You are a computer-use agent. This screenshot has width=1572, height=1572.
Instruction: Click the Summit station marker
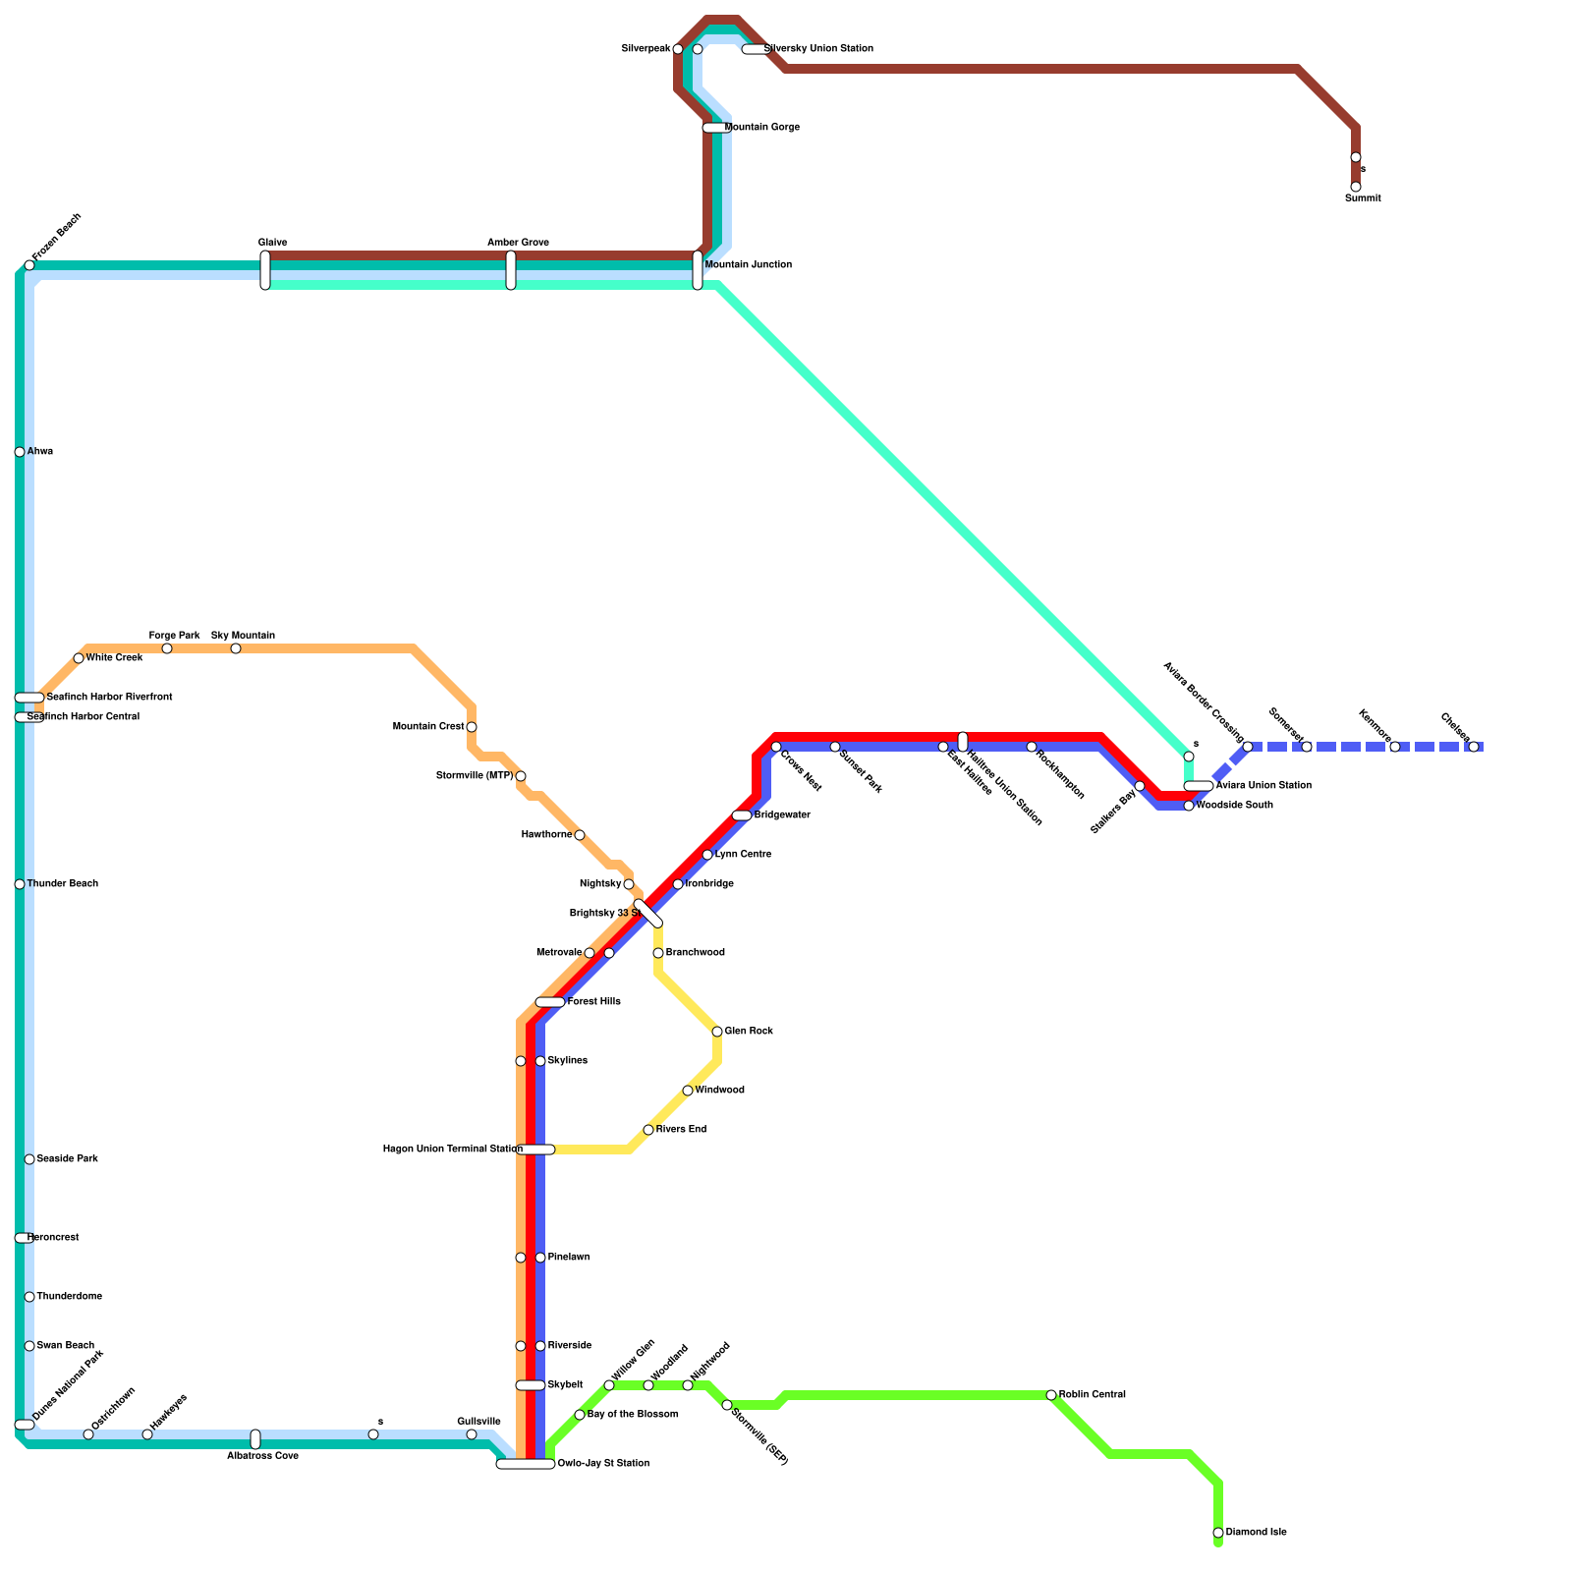coord(1356,187)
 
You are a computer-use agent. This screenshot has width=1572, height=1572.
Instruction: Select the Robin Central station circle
coord(1051,1395)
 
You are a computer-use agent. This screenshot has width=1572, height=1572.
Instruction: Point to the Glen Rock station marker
coord(717,1032)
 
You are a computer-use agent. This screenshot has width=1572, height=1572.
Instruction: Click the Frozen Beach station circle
coord(29,265)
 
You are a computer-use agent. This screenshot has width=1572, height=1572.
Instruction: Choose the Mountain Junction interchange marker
coord(698,270)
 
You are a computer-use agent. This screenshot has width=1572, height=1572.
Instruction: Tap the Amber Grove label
coord(518,243)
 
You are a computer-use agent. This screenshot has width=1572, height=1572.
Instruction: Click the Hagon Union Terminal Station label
coord(452,1150)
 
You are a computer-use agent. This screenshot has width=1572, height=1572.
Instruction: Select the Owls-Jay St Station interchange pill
coord(526,1464)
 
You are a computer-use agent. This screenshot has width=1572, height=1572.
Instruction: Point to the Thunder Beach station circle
coord(20,884)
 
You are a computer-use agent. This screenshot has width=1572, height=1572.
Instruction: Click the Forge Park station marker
coord(167,648)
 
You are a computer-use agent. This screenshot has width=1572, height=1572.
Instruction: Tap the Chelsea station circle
coord(1474,747)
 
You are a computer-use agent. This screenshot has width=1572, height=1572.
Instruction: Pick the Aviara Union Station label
coord(1263,786)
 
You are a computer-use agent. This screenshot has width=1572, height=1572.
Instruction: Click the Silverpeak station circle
coord(678,49)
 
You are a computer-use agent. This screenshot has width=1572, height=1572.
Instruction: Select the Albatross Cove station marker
coord(255,1439)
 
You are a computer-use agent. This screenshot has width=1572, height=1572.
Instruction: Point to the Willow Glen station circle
coord(609,1385)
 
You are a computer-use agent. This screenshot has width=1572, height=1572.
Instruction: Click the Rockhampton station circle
coord(1032,747)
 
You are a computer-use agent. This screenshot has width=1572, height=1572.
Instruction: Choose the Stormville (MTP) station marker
coord(521,776)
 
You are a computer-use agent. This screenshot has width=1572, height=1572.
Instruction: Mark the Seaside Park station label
coord(67,1159)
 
